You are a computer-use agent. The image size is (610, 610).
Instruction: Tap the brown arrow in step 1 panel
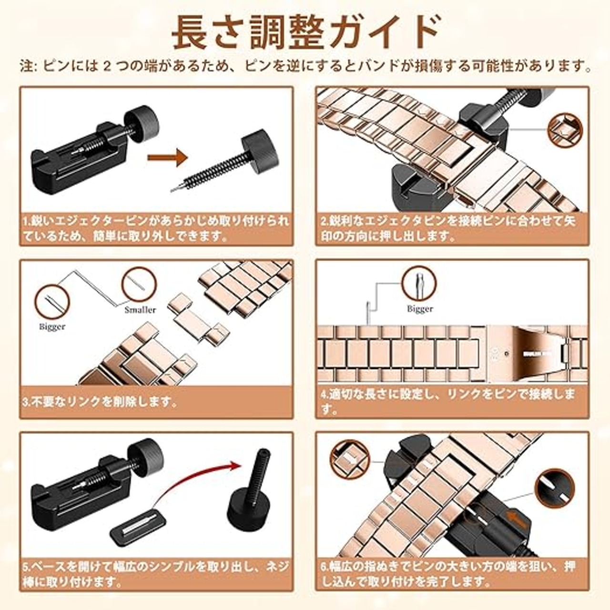pyautogui.click(x=167, y=157)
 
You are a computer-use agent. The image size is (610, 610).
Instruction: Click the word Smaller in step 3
pyautogui.click(x=140, y=309)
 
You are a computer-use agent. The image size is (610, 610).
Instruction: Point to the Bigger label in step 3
pyautogui.click(x=52, y=326)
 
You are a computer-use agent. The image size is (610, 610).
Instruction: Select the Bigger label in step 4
pyautogui.click(x=420, y=308)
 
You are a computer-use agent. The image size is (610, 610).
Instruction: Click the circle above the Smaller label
pyautogui.click(x=139, y=284)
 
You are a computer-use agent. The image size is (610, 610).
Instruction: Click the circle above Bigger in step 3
pyautogui.click(x=52, y=301)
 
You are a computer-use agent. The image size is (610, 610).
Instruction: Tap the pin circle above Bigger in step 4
pyautogui.click(x=419, y=283)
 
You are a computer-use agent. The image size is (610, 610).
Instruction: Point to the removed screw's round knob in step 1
pyautogui.click(x=261, y=147)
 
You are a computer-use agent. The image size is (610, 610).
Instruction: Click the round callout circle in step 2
pyautogui.click(x=565, y=130)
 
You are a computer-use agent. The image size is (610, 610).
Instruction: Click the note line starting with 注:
pyautogui.click(x=305, y=66)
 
